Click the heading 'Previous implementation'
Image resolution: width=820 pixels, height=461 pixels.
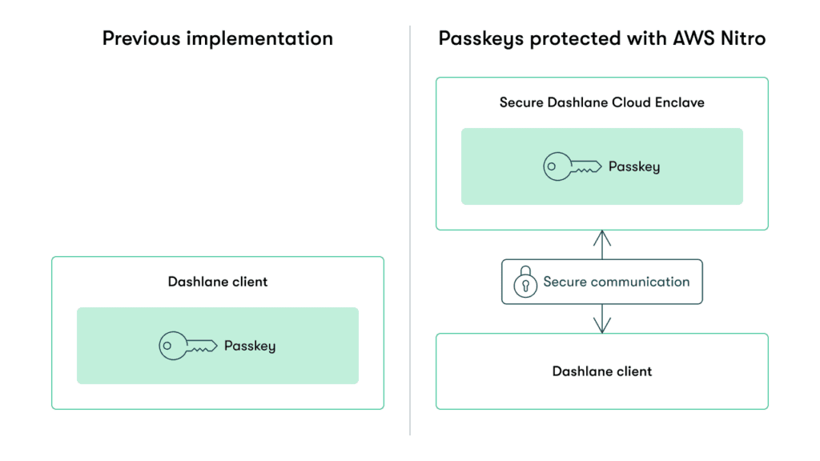click(x=217, y=38)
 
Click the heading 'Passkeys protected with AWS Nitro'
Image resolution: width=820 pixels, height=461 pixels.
click(x=601, y=38)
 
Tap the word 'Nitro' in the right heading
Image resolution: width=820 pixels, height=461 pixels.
click(x=741, y=38)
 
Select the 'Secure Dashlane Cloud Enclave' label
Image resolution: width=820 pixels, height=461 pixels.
click(x=601, y=102)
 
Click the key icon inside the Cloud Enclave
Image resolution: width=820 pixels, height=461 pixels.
click(x=572, y=166)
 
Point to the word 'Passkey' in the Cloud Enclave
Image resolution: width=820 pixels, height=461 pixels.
click(x=633, y=166)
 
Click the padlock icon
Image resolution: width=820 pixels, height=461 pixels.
click(x=525, y=283)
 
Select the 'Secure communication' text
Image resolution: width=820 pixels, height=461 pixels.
click(x=616, y=282)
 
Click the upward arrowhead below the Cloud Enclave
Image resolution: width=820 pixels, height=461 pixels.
click(x=602, y=237)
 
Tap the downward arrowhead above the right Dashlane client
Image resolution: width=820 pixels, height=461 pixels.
click(x=602, y=326)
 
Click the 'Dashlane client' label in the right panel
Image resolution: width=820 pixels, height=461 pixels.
click(x=601, y=371)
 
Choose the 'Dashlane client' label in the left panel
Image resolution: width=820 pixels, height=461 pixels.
click(x=217, y=282)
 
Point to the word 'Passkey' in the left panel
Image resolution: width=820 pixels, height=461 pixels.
click(x=249, y=346)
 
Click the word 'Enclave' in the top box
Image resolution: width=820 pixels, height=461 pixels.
click(x=680, y=102)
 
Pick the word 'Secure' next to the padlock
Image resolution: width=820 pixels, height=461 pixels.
click(x=565, y=282)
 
